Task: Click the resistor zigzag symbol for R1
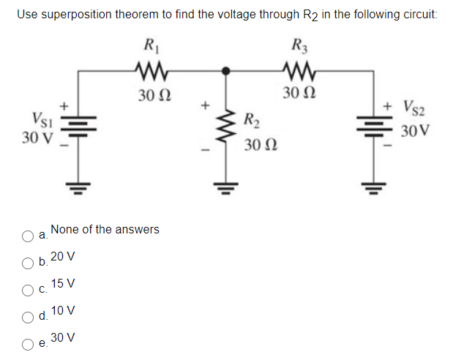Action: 153,70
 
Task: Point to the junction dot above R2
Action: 228,71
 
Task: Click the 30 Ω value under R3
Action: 301,94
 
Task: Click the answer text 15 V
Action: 64,283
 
